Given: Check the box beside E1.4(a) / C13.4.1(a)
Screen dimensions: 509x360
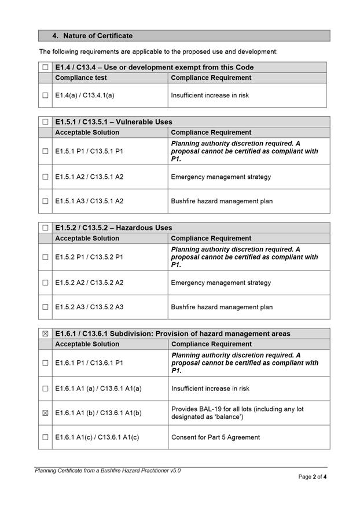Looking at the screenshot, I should pos(45,95).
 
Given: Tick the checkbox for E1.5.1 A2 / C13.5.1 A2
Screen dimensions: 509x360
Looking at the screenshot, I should pos(45,177).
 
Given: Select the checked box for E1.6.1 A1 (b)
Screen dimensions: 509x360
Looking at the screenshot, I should pos(45,413).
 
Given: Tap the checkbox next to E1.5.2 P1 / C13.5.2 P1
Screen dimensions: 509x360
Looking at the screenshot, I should pos(45,257).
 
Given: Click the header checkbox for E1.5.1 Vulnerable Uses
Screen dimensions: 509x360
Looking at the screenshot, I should pos(45,122).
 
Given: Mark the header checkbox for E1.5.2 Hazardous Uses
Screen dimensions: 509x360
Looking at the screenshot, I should pos(45,228).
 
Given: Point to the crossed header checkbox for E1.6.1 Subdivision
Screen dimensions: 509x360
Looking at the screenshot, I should pos(45,334).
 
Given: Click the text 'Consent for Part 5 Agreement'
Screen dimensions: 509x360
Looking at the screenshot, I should pos(215,437).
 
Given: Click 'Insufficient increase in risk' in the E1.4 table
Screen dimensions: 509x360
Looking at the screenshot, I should pos(210,95).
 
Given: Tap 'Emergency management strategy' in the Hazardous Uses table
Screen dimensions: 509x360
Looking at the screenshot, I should pos(221,283).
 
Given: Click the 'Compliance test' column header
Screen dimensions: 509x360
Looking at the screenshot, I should pos(81,78).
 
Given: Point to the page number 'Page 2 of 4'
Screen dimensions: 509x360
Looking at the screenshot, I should pos(313,477).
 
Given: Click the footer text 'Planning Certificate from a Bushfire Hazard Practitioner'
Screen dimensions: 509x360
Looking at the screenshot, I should pos(107,471).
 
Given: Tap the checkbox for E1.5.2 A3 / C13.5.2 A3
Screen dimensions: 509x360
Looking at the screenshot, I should pos(45,307).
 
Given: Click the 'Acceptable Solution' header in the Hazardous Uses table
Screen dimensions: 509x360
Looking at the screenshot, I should pos(87,239).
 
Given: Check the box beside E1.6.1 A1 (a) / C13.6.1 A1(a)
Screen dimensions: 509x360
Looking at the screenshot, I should pos(45,389).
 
